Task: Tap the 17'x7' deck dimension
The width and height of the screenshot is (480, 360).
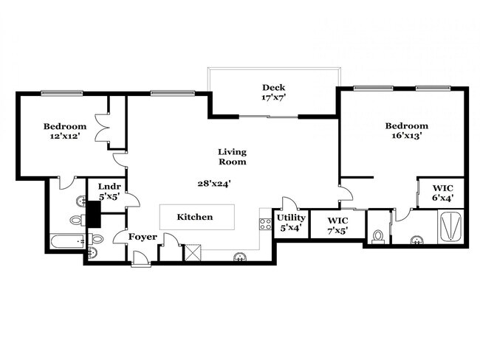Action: coord(272,97)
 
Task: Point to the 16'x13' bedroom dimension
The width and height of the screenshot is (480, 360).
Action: coord(406,136)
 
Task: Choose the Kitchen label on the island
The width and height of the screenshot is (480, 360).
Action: coord(195,217)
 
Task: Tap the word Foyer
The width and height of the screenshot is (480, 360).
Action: coord(143,237)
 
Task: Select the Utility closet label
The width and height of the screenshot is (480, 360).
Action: coord(290,218)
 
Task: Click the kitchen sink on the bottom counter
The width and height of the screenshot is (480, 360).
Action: coord(239,257)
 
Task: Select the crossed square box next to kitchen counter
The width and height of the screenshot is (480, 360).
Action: coord(193,252)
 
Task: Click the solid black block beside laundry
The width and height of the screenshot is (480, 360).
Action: coord(94,214)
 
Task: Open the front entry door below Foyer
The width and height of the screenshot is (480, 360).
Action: coord(140,260)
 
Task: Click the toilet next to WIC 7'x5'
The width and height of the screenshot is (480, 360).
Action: coord(379,235)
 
